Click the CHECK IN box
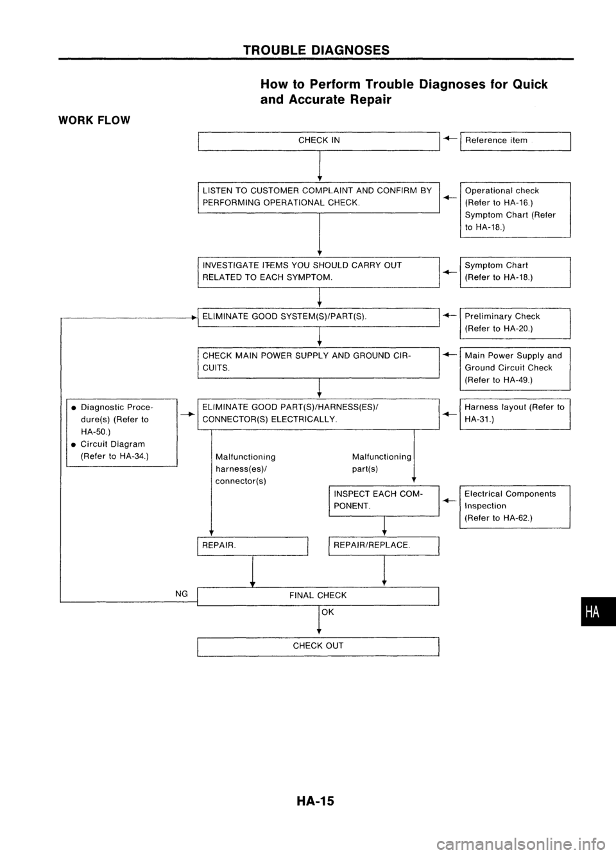pyautogui.click(x=318, y=141)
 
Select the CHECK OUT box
pyautogui.click(x=318, y=646)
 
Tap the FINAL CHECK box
pyautogui.click(x=318, y=596)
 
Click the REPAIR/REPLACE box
pyautogui.click(x=383, y=545)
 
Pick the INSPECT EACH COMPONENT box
pyautogui.click(x=383, y=500)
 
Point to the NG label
pyautogui.click(x=182, y=594)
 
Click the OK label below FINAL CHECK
pyautogui.click(x=328, y=612)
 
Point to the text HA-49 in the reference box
pyautogui.click(x=516, y=380)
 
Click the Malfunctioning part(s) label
pyautogui.click(x=381, y=463)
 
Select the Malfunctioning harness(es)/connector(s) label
pyautogui.click(x=246, y=469)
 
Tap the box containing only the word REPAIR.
pyautogui.click(x=253, y=545)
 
